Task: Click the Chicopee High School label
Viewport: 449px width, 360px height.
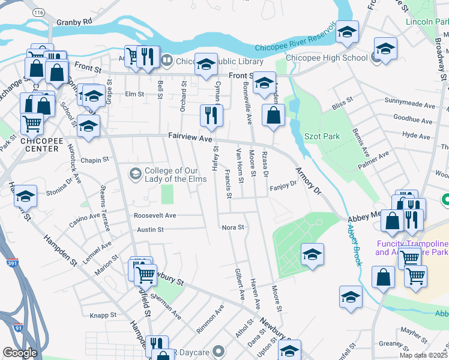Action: (327, 58)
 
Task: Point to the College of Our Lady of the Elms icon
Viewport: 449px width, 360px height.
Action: (136, 174)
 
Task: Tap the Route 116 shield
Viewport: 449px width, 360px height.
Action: (40, 11)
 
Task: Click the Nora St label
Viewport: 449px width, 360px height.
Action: (233, 227)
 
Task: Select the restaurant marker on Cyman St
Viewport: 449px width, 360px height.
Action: (211, 115)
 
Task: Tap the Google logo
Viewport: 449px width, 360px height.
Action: (20, 353)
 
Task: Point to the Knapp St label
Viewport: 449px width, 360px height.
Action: (103, 314)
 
